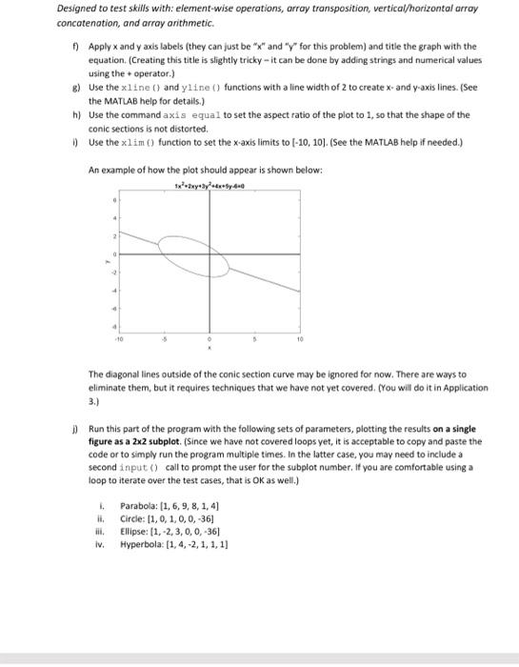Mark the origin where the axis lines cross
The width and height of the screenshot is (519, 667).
[210, 253]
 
